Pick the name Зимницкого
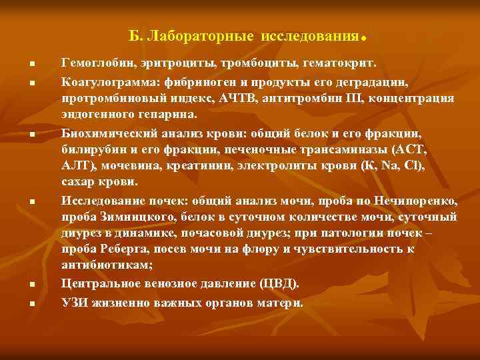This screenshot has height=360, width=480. coord(133,217)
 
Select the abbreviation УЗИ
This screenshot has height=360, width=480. coord(75,301)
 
